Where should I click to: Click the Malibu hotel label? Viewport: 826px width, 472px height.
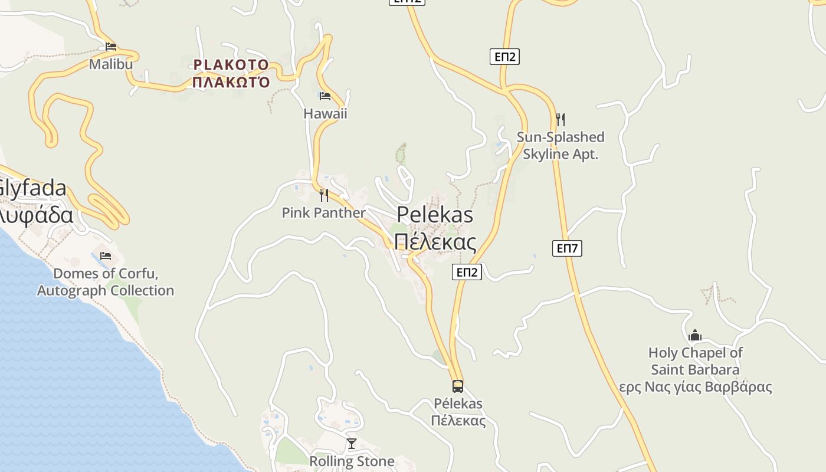111,64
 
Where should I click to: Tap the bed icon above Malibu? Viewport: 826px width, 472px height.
111,46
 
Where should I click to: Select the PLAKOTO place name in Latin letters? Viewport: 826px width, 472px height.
231,65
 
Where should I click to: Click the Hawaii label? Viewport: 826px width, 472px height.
325,113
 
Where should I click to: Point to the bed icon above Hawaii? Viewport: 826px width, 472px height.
324,96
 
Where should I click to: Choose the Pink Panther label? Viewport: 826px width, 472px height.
323,212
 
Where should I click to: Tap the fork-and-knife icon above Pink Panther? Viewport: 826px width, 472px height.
323,195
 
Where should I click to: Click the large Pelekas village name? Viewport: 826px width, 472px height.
435,215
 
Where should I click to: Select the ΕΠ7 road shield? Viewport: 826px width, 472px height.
567,248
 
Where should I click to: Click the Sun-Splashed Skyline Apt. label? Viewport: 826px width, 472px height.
560,146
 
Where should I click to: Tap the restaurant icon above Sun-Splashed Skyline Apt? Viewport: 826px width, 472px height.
560,120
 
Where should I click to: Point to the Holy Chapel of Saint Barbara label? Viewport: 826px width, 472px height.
695,361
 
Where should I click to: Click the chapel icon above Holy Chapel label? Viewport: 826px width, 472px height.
695,336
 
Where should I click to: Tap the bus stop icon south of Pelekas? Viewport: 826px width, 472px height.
458,386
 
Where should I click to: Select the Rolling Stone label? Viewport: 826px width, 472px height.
352,461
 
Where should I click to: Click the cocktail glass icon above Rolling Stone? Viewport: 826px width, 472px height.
352,444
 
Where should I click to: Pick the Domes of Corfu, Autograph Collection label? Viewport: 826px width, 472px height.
106,282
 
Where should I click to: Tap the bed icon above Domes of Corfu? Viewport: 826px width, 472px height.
106,256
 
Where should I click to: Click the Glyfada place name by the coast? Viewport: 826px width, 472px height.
32,189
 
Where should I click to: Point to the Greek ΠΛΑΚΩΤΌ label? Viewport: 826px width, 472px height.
231,82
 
